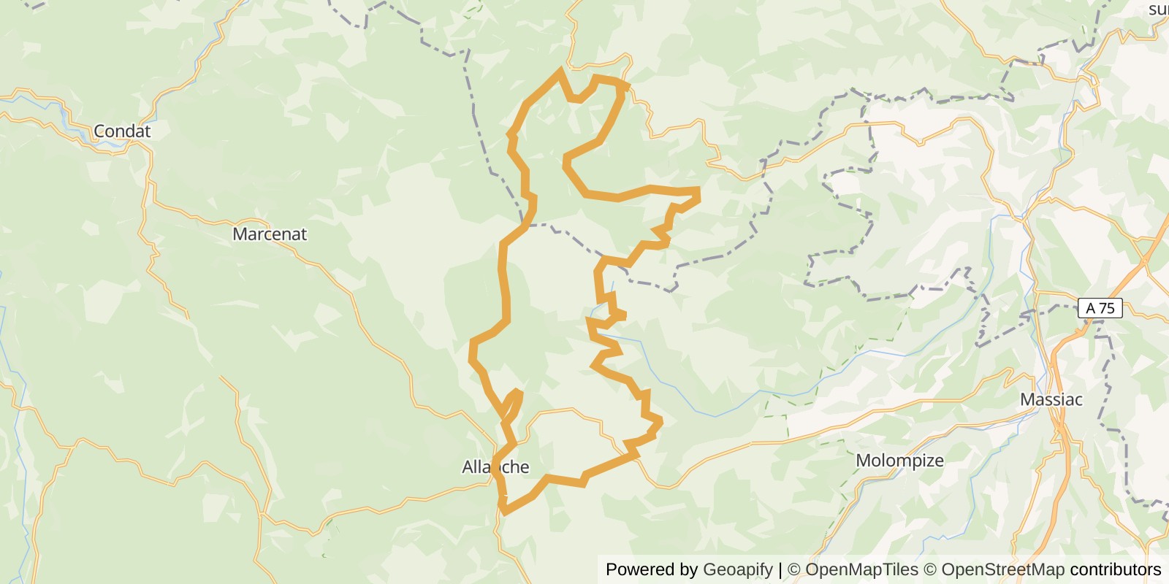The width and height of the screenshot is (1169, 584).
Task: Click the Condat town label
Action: [x=122, y=131]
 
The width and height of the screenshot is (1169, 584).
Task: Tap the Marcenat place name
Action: [x=270, y=234]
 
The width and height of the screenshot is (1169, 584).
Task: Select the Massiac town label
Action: [x=1051, y=400]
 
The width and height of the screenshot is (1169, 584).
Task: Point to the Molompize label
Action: [x=899, y=461]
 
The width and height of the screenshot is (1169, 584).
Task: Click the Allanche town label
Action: [x=495, y=467]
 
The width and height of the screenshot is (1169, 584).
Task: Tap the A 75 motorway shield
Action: [x=1100, y=308]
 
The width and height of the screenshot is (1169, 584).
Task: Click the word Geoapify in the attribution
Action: [x=737, y=569]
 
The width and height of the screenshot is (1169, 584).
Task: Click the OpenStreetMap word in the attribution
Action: [x=1002, y=569]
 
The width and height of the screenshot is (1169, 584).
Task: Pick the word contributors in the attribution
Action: [x=1116, y=569]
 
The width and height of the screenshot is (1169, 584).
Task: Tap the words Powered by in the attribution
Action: [x=652, y=569]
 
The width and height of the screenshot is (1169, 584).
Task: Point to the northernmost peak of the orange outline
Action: [x=561, y=70]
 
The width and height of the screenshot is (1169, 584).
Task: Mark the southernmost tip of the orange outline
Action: [x=504, y=510]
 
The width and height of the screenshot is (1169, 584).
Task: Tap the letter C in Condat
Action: [x=99, y=131]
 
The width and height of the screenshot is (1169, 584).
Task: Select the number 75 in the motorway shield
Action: [x=1108, y=308]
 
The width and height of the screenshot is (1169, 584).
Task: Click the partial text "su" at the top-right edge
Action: [x=1158, y=9]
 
